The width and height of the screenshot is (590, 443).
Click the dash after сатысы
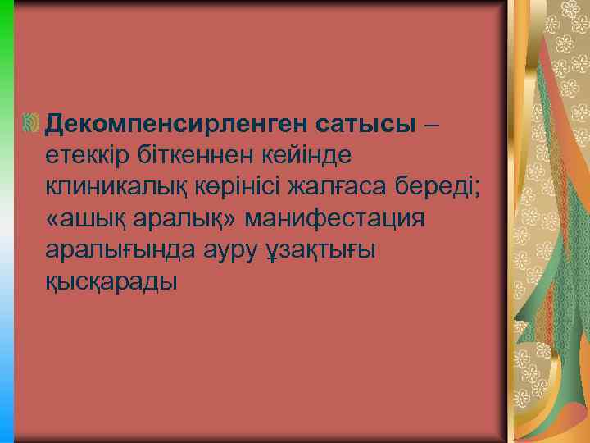[432, 124]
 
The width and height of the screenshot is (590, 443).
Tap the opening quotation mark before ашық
[54, 219]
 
